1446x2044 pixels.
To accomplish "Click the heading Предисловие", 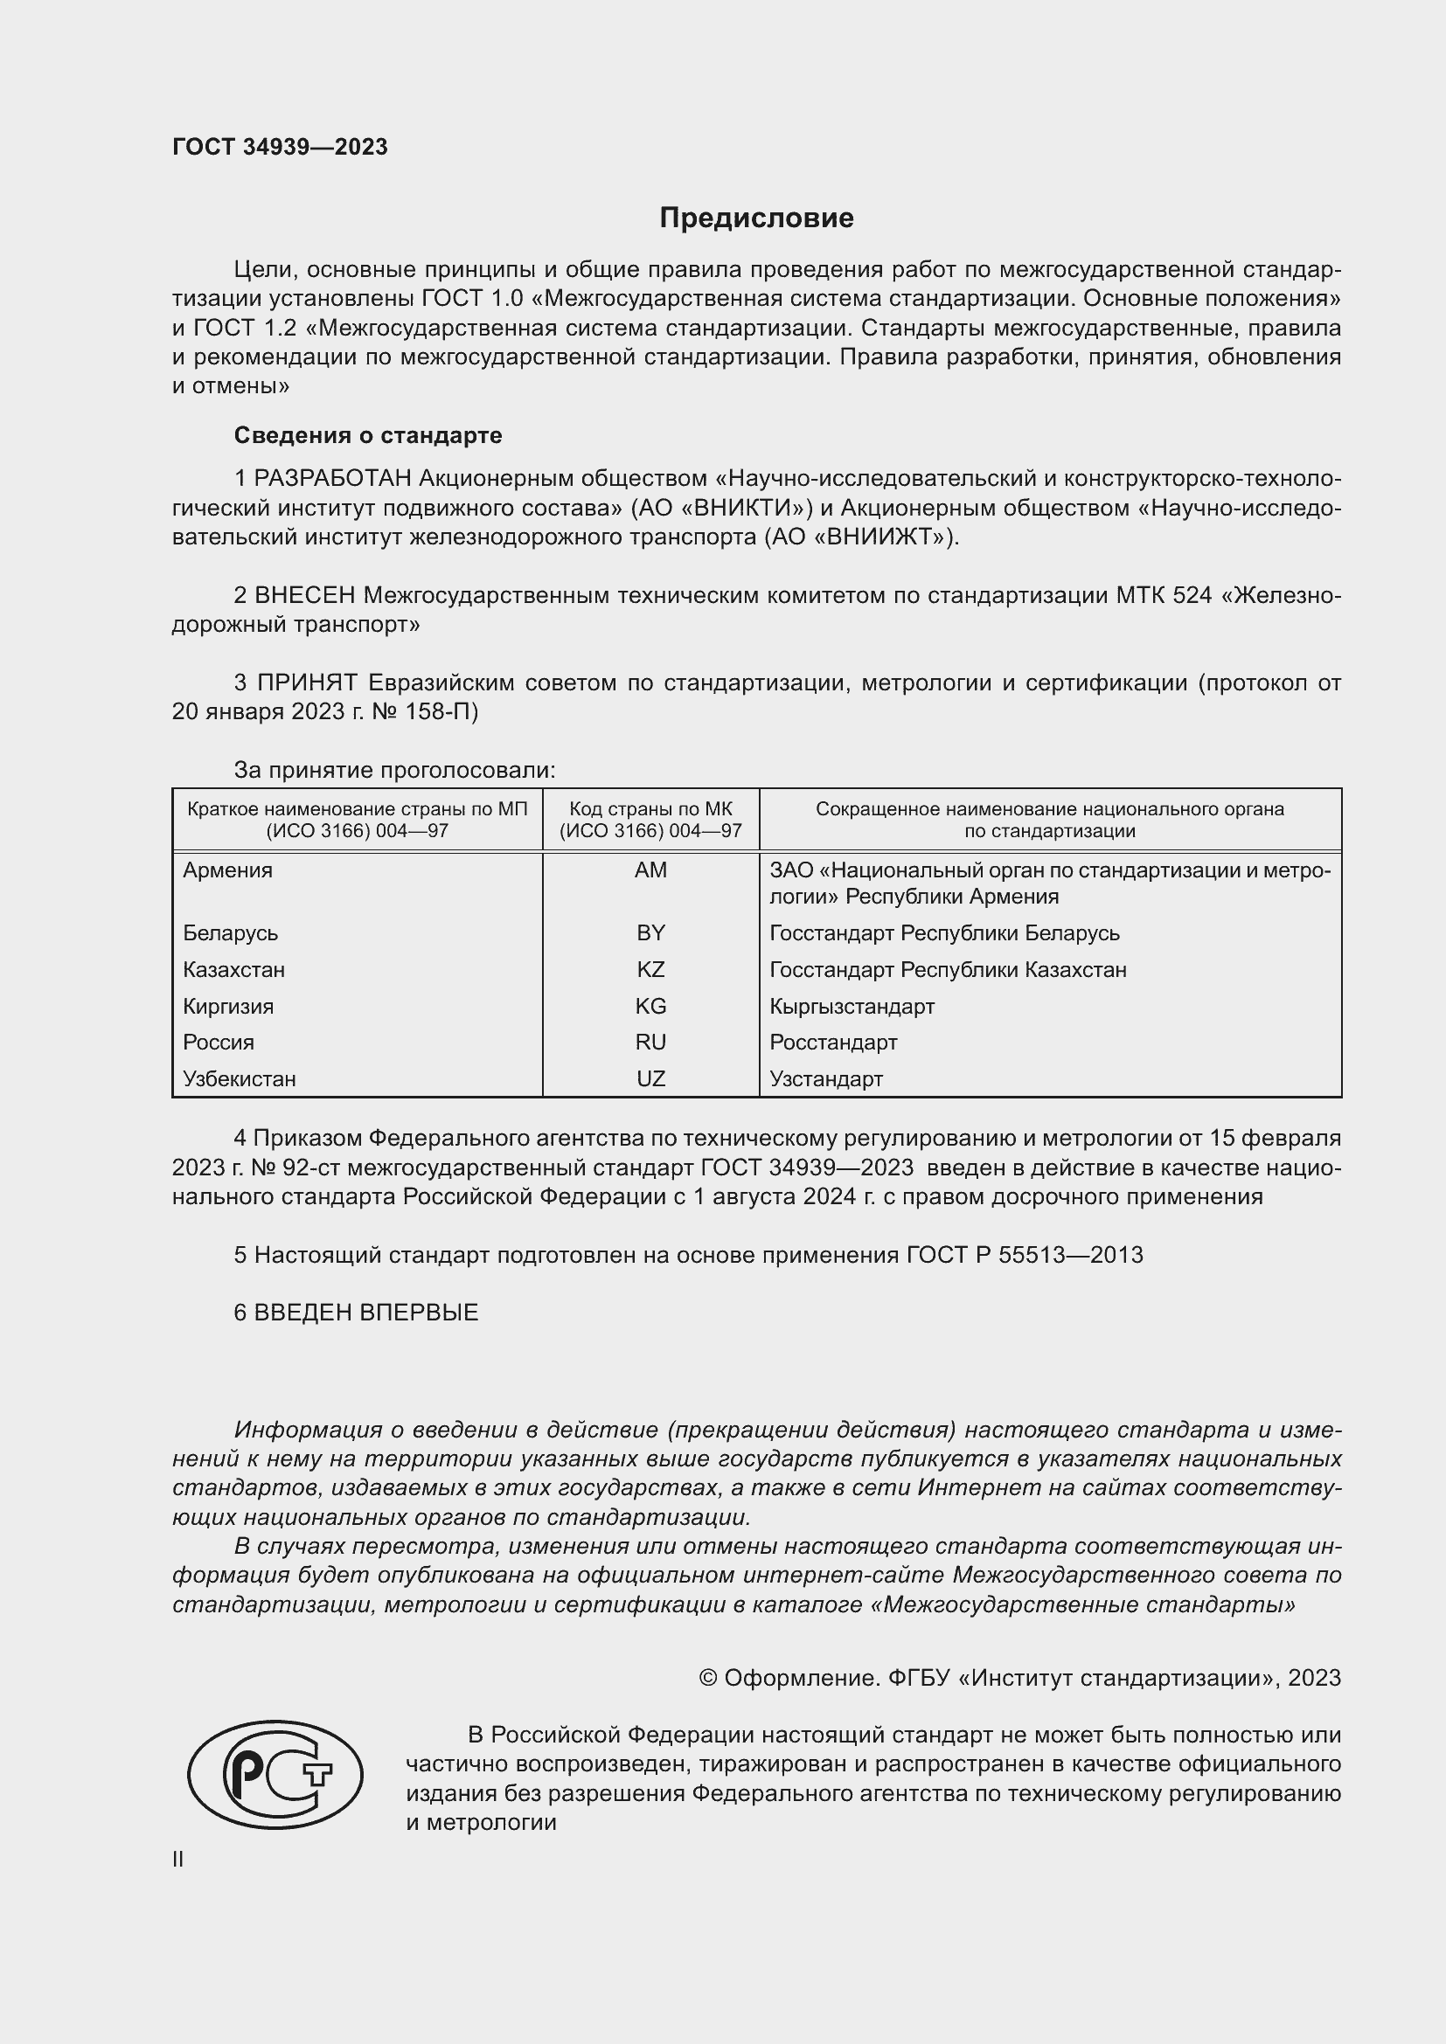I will coord(756,218).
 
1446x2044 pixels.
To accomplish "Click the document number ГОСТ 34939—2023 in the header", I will coord(280,147).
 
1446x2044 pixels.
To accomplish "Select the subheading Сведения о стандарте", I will coord(368,435).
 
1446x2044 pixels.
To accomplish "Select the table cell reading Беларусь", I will coord(231,933).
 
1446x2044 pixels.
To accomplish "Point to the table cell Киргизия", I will coord(228,1006).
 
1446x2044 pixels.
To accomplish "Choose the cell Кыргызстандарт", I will coord(852,1006).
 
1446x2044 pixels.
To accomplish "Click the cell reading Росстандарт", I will coord(832,1043).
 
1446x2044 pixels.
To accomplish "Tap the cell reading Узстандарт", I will coord(825,1079).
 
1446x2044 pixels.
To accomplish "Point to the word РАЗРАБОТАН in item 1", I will coord(333,479).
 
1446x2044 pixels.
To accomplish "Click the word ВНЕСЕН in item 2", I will coord(304,595).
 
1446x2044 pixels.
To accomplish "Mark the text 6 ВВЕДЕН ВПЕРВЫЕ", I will coord(356,1313).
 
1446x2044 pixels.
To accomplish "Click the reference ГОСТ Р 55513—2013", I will coord(1024,1255).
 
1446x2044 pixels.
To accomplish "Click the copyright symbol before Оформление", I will coord(708,1678).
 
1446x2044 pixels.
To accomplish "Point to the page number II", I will coord(178,1859).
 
